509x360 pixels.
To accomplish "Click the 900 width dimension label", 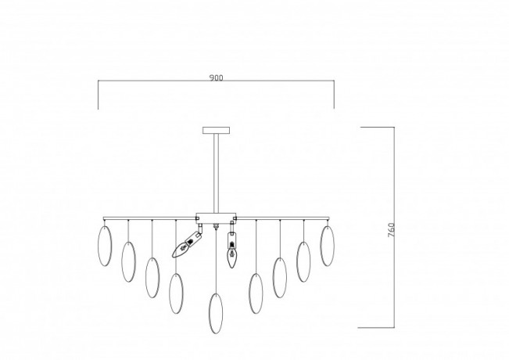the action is [x=217, y=78].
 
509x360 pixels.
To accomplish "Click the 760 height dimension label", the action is [x=391, y=230].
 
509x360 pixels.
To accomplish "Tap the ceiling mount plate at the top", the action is [x=217, y=130].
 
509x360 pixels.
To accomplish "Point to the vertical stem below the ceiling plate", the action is [x=216, y=173].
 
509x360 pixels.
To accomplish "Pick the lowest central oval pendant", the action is [x=216, y=314].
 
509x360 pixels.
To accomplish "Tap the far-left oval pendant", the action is [x=105, y=246].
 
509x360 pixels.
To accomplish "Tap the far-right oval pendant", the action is [x=327, y=246].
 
